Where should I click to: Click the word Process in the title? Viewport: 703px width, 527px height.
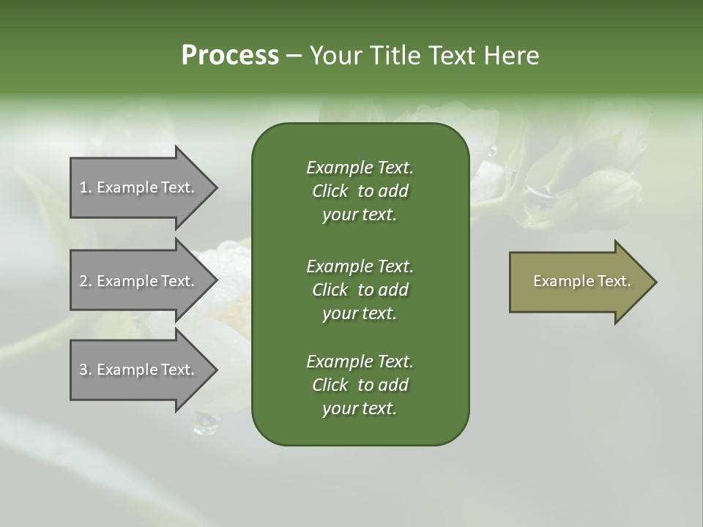[230, 56]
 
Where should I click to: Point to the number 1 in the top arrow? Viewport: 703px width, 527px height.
[83, 187]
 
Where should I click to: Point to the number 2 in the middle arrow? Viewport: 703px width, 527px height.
[83, 281]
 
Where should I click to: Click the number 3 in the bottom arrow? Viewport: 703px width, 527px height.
[83, 370]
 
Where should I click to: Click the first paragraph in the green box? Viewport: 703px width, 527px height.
[360, 191]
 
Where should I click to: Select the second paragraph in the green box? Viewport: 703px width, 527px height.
[360, 289]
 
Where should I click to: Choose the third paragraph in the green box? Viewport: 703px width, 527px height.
[360, 385]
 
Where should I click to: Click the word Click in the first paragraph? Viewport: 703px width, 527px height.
[330, 191]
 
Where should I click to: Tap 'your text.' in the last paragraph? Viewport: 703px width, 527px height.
[360, 409]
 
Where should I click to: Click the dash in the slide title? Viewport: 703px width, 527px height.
[294, 56]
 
